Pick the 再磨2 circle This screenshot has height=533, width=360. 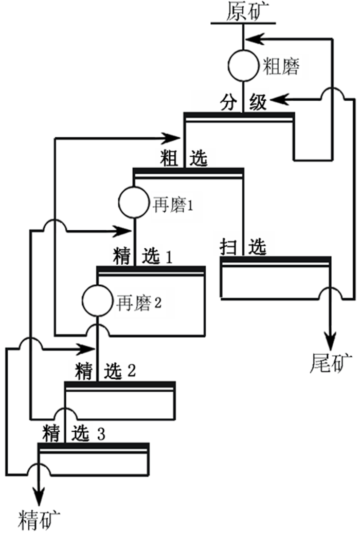tap(97, 301)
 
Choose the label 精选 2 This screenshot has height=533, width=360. tap(105, 370)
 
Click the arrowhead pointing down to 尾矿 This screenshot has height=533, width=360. tap(329, 339)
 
